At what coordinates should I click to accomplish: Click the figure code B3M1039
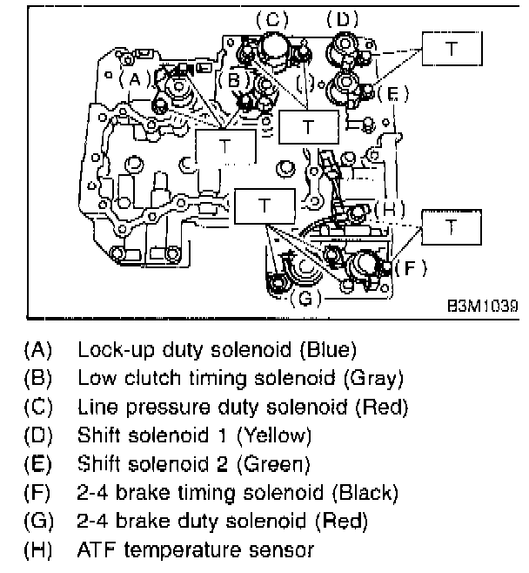point(482,307)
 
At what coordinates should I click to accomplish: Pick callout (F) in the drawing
point(410,267)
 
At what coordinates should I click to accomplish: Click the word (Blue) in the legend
point(326,351)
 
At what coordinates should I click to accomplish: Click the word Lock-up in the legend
point(106,351)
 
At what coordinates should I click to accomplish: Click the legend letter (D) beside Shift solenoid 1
point(38,435)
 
